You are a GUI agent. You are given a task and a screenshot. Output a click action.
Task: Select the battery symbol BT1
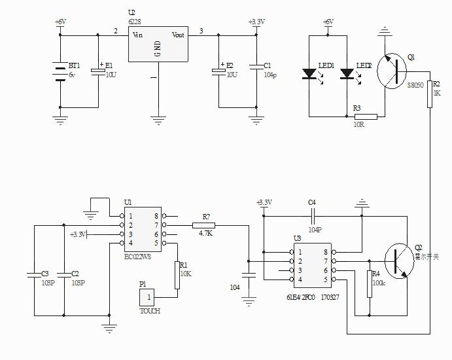(x=60, y=69)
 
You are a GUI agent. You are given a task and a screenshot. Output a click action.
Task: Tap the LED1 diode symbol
(x=309, y=74)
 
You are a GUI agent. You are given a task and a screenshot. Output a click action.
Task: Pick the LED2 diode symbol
(x=347, y=74)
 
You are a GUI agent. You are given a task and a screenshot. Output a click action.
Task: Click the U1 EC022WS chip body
(x=144, y=230)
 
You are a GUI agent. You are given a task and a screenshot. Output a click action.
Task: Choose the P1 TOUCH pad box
(x=148, y=297)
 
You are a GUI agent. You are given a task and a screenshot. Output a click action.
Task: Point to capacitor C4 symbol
(x=313, y=214)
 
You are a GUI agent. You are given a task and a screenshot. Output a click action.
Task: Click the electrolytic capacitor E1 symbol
(x=98, y=70)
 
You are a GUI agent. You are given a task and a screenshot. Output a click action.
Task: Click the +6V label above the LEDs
(x=328, y=22)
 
